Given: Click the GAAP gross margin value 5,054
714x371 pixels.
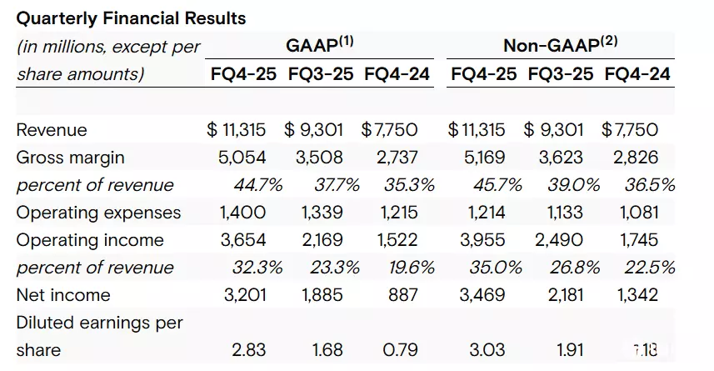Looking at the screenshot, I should click(x=243, y=158).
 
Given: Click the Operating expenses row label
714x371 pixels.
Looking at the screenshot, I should click(x=97, y=213).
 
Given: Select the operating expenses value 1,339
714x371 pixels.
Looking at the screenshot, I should click(x=319, y=213).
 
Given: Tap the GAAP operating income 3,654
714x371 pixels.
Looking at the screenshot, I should click(x=243, y=240).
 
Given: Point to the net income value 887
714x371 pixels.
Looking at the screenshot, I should click(x=401, y=295).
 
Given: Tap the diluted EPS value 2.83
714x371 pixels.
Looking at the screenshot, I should click(x=248, y=348).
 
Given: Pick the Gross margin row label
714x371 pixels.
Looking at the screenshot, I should click(x=70, y=158).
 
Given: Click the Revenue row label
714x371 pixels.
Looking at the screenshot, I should click(x=52, y=130).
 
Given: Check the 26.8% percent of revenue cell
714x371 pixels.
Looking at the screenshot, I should click(x=569, y=268).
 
